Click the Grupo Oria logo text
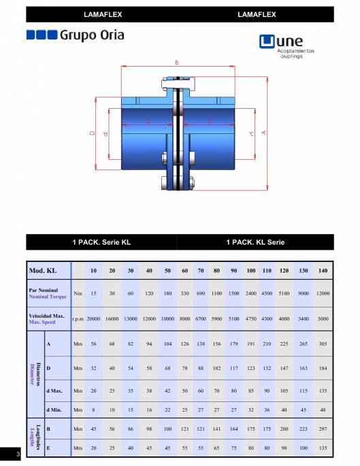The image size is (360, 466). coord(92,35)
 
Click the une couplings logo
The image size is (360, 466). coord(287,46)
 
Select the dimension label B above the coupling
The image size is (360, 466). coord(177,63)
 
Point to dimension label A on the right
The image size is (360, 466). coord(263,133)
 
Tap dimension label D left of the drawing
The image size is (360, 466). coord(92,133)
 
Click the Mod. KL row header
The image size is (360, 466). coord(43,271)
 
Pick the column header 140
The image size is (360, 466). coord(323,271)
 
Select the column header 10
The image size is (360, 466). coord(93,271)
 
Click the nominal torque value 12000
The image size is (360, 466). coord(323,293)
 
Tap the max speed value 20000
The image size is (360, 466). coord(93,318)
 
